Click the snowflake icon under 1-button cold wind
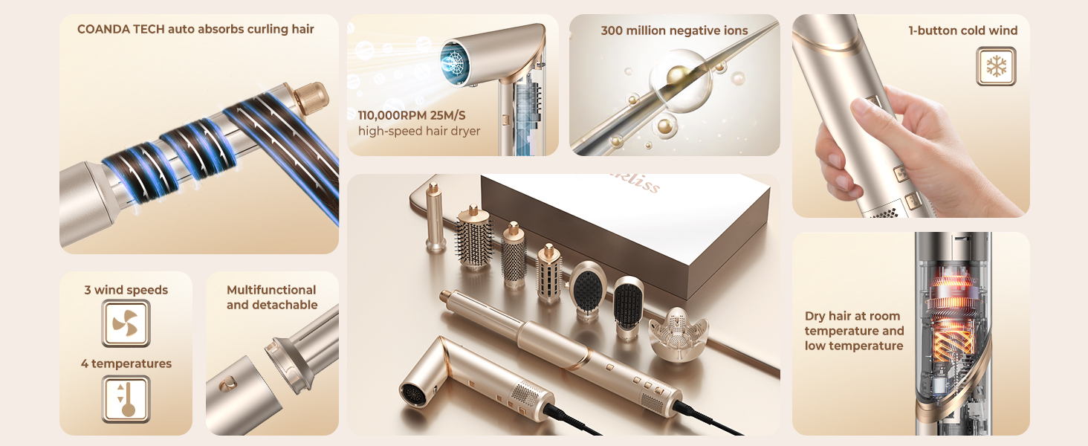995,67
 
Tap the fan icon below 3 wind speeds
126,323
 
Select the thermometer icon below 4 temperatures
126,399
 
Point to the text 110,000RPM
390,115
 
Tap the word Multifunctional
271,290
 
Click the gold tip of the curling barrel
311,96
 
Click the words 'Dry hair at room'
852,316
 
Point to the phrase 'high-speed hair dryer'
419,131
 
